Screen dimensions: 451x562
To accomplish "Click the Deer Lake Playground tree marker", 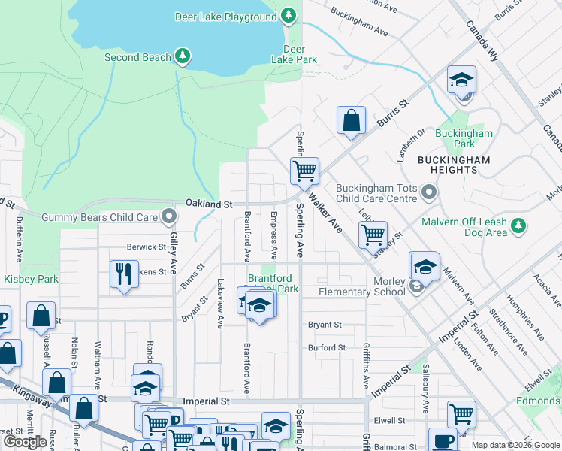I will [x=289, y=16].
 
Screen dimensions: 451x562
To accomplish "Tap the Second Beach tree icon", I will [x=182, y=56].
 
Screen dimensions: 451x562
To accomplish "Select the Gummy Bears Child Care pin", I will [x=169, y=218].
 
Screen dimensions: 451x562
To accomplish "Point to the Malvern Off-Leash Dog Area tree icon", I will [x=517, y=225].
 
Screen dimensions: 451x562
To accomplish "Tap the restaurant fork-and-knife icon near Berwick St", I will [x=124, y=273].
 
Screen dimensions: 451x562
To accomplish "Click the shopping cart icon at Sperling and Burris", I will [x=304, y=171].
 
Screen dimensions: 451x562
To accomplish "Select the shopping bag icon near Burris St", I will [x=351, y=121].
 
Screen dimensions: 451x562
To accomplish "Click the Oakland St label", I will [x=209, y=204].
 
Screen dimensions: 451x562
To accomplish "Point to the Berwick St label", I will [x=146, y=247].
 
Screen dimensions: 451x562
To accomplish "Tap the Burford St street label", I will [x=326, y=348].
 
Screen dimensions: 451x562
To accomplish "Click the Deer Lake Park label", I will [x=294, y=54].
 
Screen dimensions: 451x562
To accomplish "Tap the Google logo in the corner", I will [x=25, y=442].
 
